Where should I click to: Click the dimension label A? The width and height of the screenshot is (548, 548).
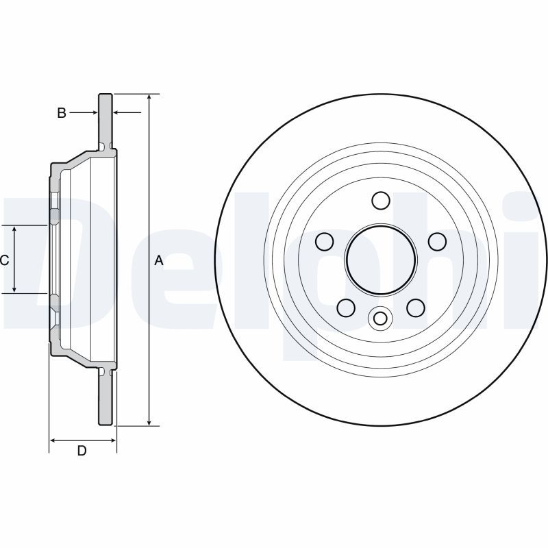(159, 260)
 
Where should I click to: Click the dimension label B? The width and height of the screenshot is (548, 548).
(62, 113)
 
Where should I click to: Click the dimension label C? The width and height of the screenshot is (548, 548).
(5, 260)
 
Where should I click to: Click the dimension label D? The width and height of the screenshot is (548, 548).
(82, 451)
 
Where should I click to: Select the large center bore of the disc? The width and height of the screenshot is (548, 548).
(381, 259)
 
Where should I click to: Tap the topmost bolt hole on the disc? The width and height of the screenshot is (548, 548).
(381, 200)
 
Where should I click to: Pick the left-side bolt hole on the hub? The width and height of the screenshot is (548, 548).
(324, 242)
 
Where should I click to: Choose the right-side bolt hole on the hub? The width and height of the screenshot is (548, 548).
(437, 242)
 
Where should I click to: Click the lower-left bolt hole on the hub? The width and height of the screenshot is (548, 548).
(346, 308)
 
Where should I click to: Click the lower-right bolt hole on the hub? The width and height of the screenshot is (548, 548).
(416, 308)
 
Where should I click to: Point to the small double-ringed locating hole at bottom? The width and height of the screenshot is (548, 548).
(380, 319)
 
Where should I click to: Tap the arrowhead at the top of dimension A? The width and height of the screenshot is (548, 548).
(149, 97)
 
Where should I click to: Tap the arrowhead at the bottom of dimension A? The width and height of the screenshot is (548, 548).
(149, 422)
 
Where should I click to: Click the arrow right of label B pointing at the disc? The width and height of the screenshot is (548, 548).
(84, 112)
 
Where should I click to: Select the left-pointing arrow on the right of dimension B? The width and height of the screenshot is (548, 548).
(127, 112)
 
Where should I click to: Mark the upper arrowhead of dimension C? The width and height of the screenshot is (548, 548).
(14, 229)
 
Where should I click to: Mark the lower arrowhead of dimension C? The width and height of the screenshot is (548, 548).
(14, 288)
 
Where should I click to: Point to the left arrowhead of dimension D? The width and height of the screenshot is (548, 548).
(53, 440)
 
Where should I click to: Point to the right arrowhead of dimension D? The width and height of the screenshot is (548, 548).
(112, 440)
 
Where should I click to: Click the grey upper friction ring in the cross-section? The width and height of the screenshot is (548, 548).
(105, 121)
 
